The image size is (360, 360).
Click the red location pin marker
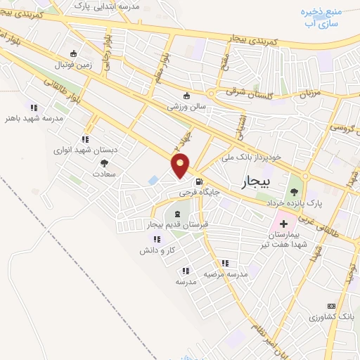click(181, 165)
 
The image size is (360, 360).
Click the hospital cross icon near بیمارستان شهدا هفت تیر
click(283, 223)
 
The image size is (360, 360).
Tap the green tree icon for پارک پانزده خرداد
click(293, 189)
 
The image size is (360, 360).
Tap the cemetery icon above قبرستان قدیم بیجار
click(176, 213)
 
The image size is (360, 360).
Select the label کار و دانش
click(157, 250)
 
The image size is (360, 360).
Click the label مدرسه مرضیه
click(224, 274)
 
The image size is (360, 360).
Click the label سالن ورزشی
click(186, 107)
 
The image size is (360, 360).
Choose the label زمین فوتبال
click(73, 63)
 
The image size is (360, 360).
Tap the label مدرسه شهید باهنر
click(34, 118)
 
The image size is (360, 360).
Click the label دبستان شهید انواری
click(85, 150)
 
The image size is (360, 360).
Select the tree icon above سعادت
click(105, 162)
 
